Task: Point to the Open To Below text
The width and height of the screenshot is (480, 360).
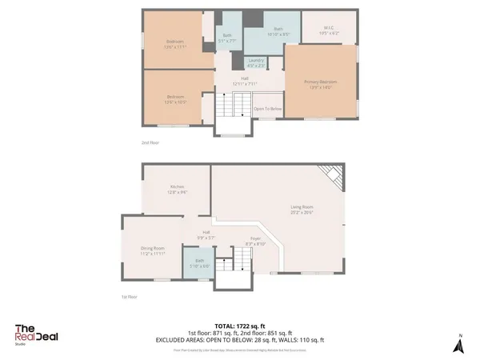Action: click(x=268, y=109)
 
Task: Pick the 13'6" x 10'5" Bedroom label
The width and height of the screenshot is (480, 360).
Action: click(x=175, y=98)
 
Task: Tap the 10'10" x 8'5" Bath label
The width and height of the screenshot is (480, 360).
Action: click(x=267, y=30)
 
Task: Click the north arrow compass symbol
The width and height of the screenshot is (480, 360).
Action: click(x=458, y=344)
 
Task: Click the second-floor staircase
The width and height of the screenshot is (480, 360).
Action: click(x=231, y=103)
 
